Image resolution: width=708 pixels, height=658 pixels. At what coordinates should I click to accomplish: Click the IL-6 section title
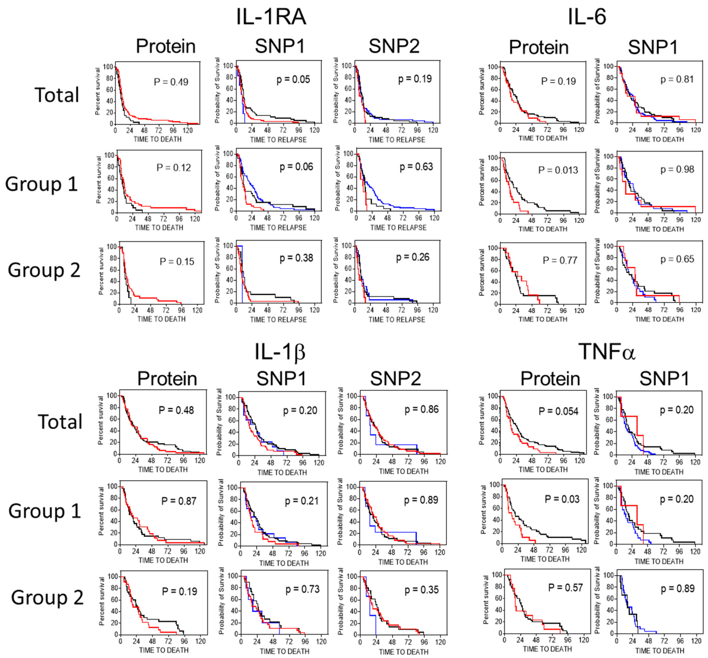587,17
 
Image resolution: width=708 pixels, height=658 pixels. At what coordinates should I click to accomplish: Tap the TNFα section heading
607,352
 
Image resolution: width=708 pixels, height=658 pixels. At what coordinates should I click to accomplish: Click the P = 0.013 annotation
558,170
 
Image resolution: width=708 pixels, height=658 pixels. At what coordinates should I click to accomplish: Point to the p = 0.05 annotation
293,79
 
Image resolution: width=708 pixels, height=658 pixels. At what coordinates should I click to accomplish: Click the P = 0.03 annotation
562,499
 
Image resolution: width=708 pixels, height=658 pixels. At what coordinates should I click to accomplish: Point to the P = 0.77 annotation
560,261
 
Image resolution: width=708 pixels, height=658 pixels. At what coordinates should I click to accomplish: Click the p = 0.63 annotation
416,167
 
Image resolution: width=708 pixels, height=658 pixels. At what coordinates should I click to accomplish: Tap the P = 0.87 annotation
179,501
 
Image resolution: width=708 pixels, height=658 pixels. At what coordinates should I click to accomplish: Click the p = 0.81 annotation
677,79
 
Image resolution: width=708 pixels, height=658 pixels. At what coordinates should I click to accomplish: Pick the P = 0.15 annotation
177,262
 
